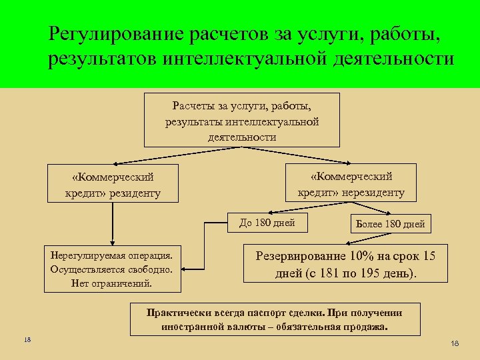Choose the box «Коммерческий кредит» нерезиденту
351,183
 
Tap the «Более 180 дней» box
391,224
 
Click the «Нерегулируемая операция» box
112,269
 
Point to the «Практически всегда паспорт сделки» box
275,319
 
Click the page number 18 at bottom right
455,343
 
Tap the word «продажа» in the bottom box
365,327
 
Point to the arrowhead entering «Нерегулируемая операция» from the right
184,269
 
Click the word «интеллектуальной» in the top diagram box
279,121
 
